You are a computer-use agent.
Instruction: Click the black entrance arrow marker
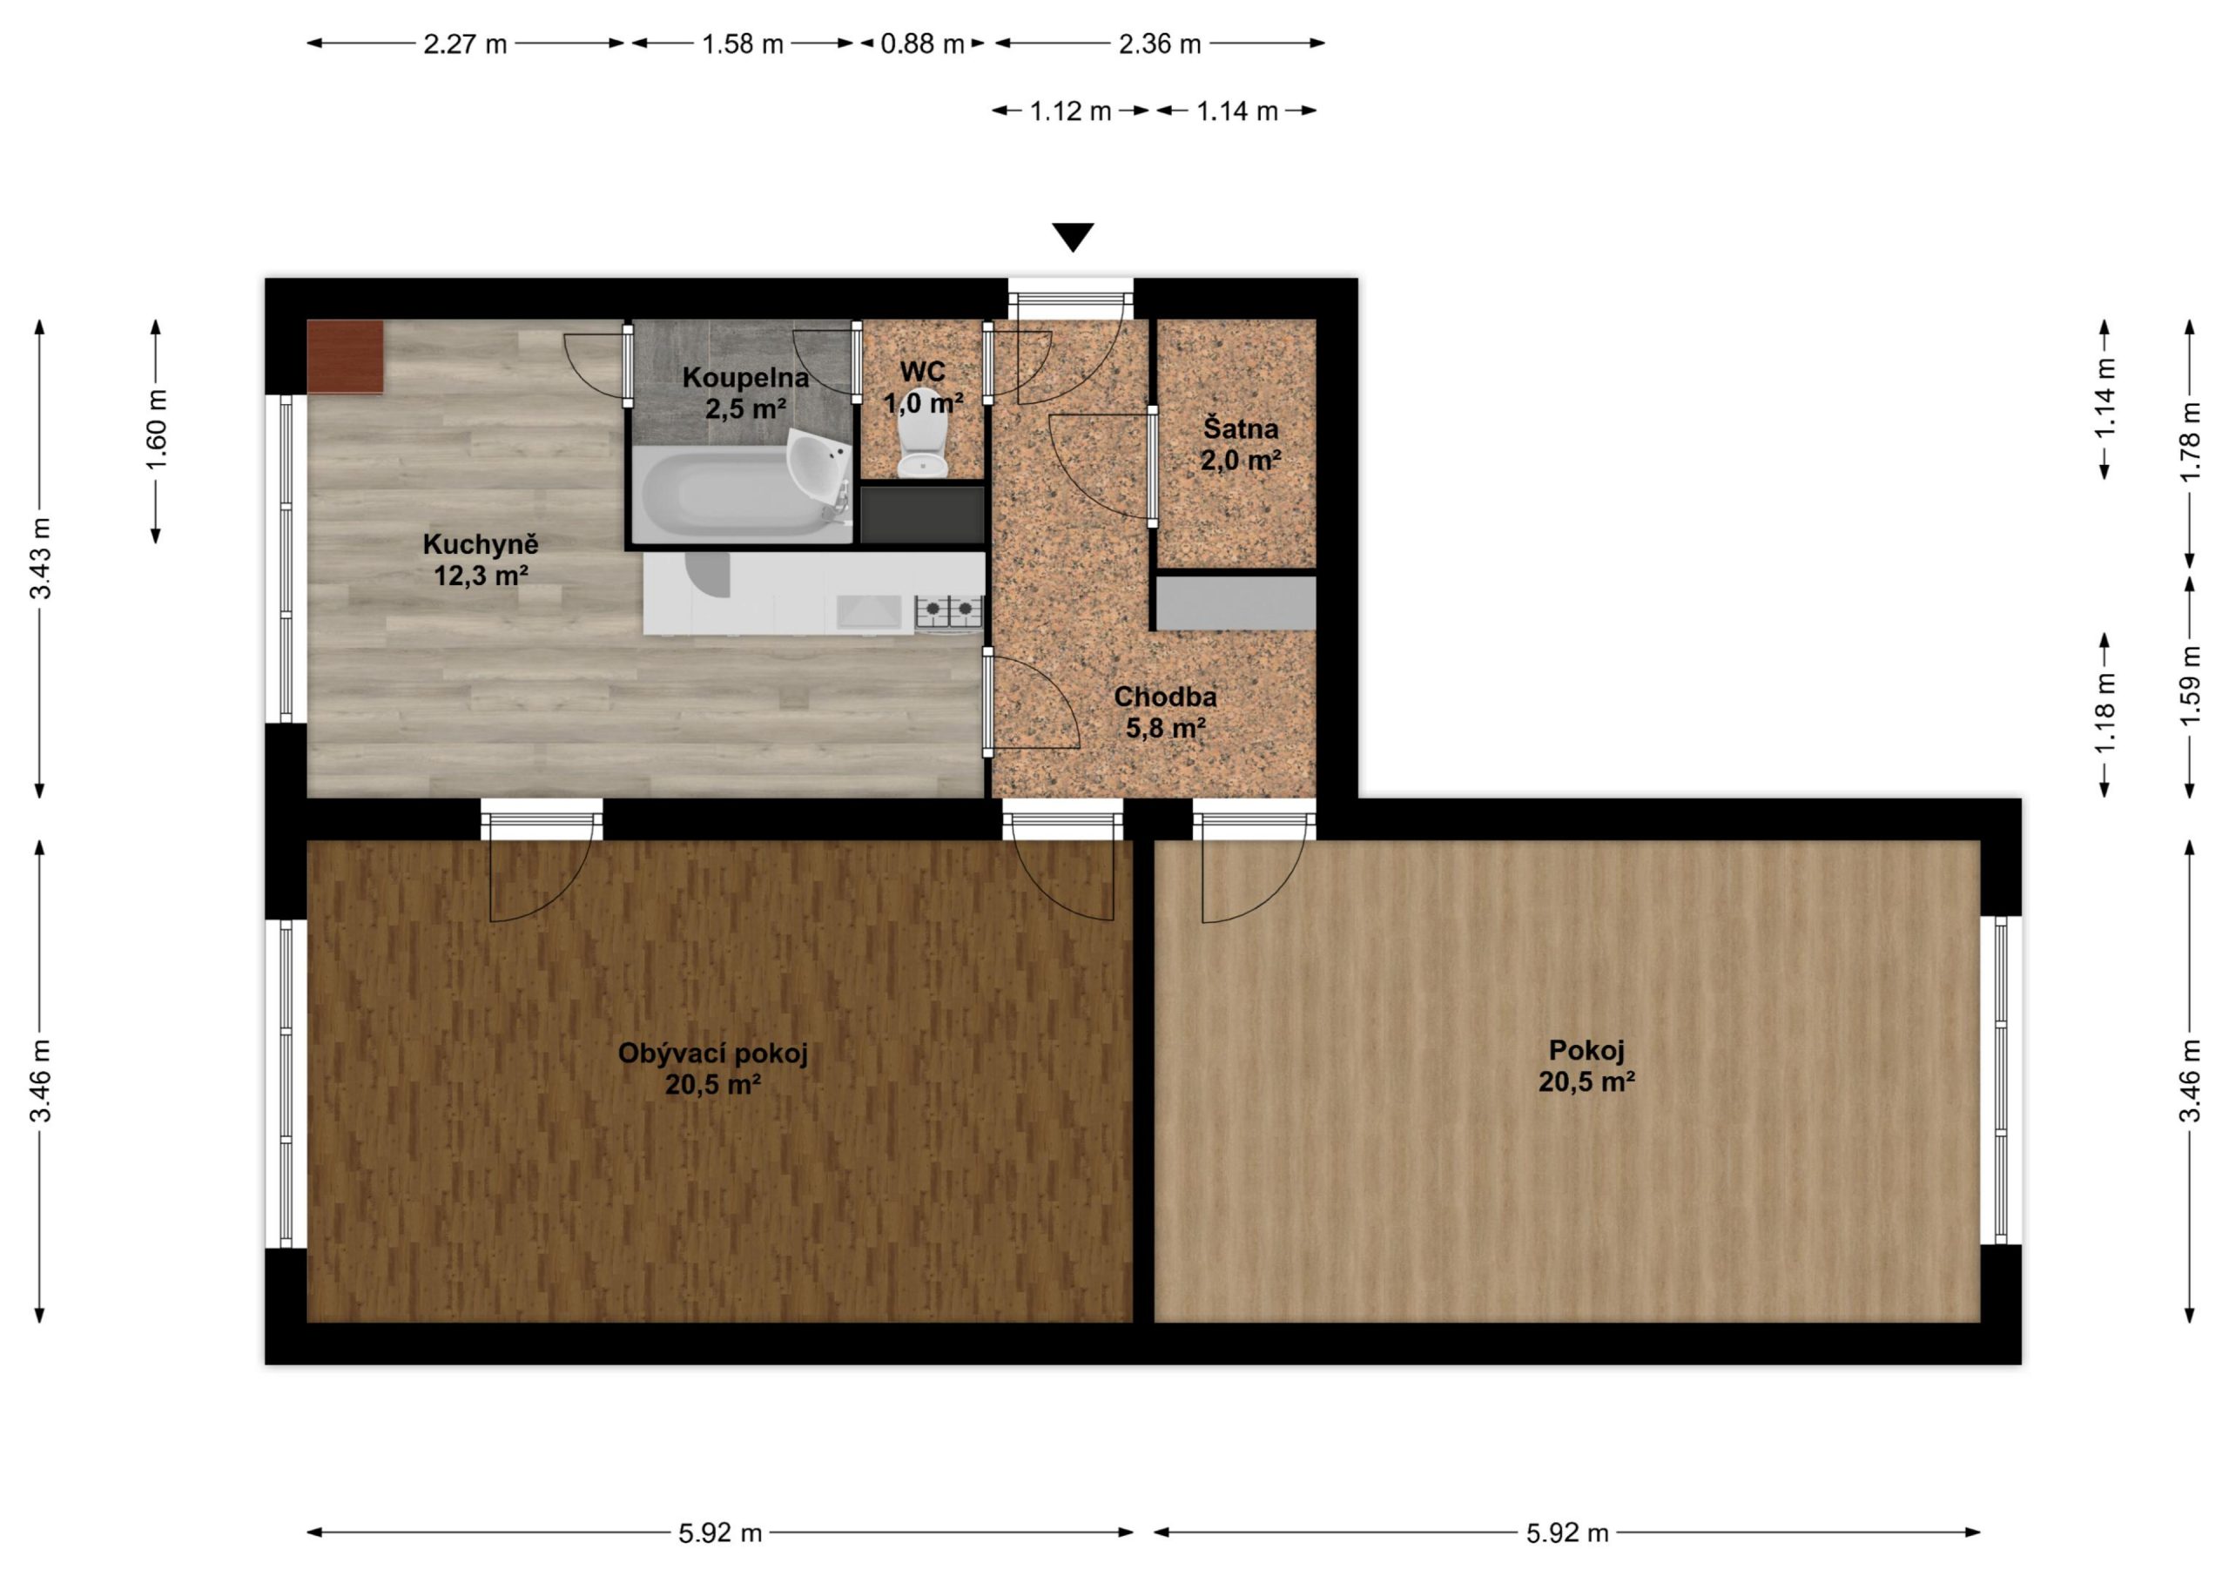point(1073,237)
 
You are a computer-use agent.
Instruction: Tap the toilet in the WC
point(921,434)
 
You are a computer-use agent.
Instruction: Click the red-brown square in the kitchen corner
point(345,356)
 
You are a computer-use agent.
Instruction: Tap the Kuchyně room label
point(481,559)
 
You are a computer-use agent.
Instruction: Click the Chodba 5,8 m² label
point(1165,711)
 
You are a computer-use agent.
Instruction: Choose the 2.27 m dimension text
point(465,44)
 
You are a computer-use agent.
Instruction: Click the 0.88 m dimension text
point(922,44)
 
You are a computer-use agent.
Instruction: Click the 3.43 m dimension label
point(40,558)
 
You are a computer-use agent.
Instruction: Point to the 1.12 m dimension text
point(1070,111)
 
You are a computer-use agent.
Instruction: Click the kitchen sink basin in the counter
point(869,612)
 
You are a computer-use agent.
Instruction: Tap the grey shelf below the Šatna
point(1236,603)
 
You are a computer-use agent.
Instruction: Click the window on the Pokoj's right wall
point(2000,1080)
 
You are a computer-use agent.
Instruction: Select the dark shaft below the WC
point(922,515)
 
